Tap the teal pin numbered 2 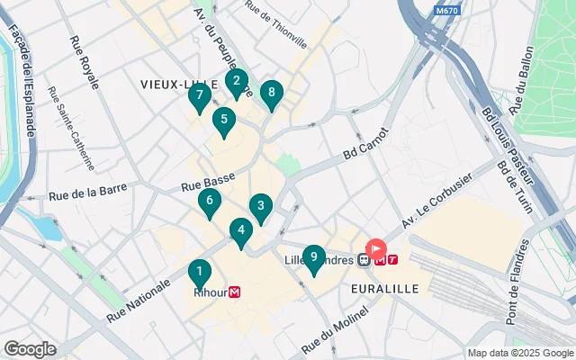click(x=236, y=82)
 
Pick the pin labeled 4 click(x=240, y=231)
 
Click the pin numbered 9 click(x=312, y=258)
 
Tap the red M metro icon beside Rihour click(x=235, y=292)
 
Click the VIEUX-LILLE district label click(x=175, y=83)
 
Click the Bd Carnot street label click(x=363, y=146)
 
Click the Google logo click(x=30, y=348)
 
